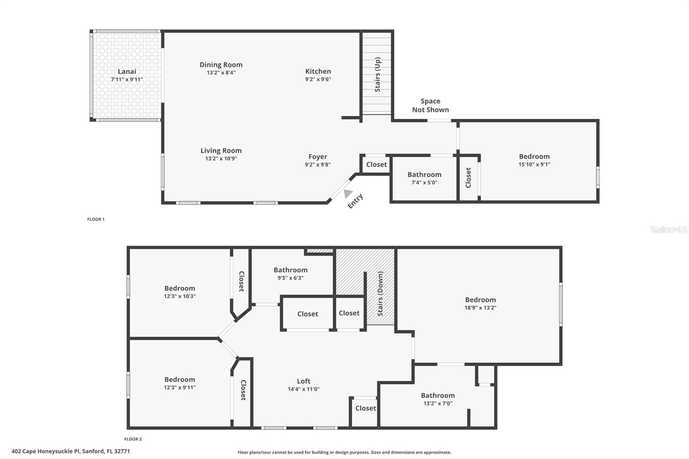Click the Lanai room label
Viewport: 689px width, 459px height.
127,71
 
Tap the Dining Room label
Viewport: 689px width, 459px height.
221,65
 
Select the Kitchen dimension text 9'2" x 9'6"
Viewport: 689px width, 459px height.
318,79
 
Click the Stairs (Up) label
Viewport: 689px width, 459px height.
378,74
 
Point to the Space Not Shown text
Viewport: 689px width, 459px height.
430,105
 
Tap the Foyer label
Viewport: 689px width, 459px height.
318,157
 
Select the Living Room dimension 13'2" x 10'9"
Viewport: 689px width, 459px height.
221,158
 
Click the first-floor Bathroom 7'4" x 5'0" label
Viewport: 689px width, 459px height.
424,174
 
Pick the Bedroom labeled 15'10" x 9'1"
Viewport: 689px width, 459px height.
534,157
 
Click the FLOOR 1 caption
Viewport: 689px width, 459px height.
96,219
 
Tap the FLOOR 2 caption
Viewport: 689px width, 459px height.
133,439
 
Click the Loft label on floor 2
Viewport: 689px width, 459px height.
304,381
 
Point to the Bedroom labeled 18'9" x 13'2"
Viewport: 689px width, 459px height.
480,300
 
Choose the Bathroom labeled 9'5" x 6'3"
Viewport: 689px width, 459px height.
291,270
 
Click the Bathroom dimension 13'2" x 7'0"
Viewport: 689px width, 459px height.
438,403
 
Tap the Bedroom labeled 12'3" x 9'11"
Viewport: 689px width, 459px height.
180,380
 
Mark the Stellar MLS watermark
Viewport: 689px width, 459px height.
668,229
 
